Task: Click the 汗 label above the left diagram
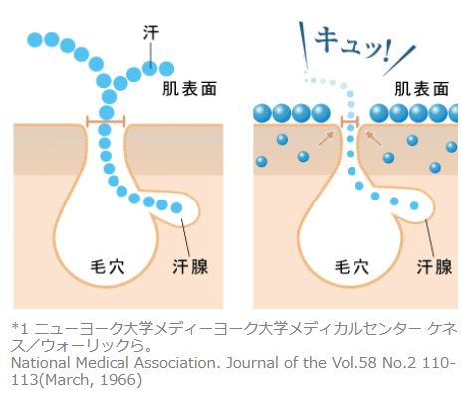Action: point(151,33)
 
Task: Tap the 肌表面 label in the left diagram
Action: point(189,89)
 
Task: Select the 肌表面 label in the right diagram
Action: point(421,89)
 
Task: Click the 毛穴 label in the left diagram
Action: point(108,267)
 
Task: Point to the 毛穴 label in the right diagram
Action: point(352,267)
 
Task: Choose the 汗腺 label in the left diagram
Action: point(190,267)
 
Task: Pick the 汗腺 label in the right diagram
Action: point(434,267)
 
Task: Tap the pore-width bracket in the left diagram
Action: point(106,121)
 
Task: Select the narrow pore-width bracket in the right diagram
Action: point(351,121)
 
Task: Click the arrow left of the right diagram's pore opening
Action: point(326,138)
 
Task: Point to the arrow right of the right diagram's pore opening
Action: point(373,138)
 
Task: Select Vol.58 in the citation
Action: point(355,363)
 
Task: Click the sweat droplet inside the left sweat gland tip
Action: point(176,208)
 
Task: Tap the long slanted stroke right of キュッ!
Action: point(399,60)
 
